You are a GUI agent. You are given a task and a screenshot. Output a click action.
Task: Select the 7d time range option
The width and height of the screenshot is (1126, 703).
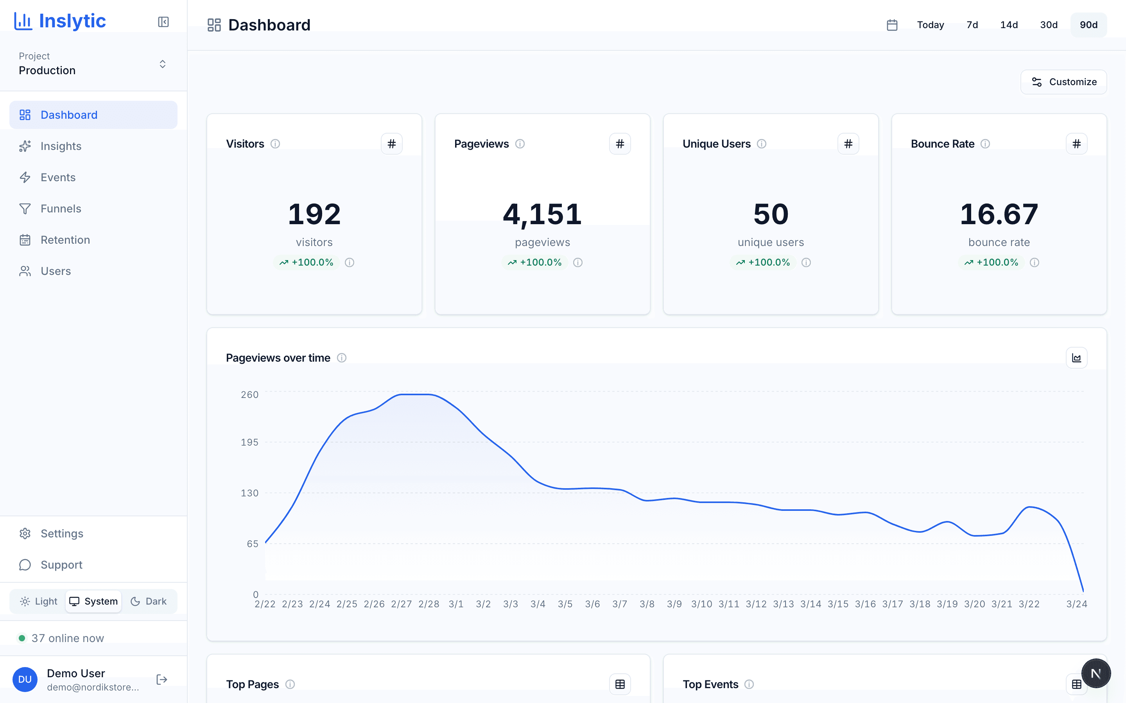[972, 25]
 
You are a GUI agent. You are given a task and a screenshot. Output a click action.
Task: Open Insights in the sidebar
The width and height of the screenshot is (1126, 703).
[61, 146]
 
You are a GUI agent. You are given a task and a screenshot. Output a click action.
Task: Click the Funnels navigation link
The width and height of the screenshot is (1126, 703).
[61, 209]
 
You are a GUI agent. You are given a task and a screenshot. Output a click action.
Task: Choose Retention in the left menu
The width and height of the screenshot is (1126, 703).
[65, 240]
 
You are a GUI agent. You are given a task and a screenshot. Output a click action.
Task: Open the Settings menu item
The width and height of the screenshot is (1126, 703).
[62, 533]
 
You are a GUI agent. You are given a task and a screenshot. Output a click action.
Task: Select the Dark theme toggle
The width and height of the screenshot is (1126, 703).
[149, 601]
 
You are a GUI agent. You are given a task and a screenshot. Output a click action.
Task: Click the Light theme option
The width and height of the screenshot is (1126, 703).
[39, 601]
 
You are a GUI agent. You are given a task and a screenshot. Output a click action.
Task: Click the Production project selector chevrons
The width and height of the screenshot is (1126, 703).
[162, 64]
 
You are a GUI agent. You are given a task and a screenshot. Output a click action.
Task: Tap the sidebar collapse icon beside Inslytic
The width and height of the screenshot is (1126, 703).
[163, 22]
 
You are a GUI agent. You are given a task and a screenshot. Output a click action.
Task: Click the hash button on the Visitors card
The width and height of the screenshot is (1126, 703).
[391, 144]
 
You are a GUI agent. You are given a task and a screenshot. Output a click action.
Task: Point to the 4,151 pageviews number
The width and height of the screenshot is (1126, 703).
[542, 214]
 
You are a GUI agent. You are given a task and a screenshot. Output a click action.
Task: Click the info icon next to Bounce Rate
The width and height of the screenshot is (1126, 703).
[985, 144]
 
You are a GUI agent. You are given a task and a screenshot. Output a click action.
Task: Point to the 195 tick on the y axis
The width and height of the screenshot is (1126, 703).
[249, 442]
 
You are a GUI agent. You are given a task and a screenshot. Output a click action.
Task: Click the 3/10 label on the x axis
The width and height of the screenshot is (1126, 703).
[701, 604]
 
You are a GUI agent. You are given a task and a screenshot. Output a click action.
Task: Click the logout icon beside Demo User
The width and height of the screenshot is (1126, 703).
[161, 680]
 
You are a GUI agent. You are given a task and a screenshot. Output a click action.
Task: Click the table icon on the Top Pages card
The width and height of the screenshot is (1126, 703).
[620, 684]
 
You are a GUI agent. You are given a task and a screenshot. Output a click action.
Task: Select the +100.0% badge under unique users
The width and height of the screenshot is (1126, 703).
[763, 262]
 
